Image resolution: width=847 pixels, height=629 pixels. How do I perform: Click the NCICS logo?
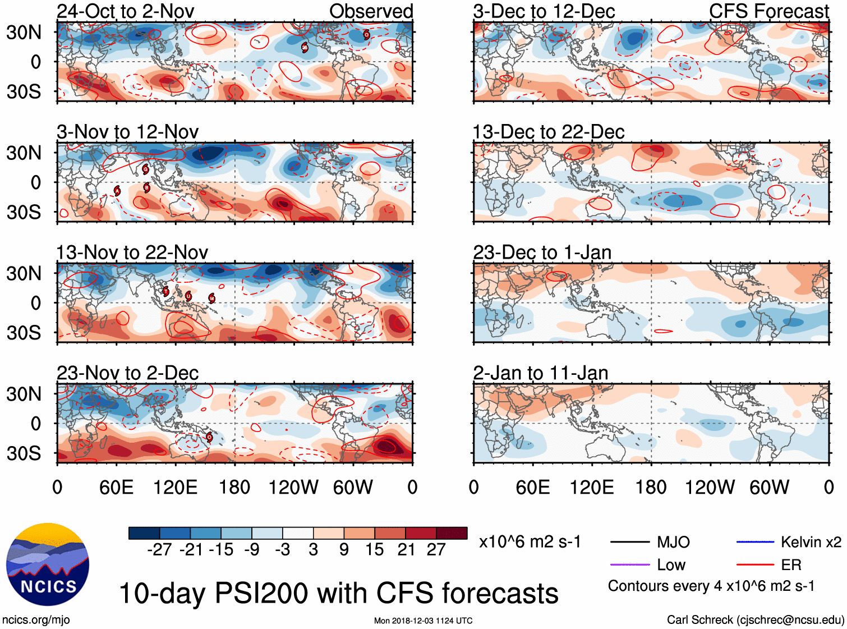(48, 564)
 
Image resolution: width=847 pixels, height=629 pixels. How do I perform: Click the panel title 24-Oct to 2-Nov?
(125, 11)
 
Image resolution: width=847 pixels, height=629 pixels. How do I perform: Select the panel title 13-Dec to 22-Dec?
(548, 132)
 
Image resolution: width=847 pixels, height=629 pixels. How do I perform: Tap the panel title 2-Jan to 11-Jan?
(540, 373)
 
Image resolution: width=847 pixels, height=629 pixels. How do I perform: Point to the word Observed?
(371, 11)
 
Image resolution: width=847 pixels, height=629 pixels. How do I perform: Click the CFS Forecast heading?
(768, 11)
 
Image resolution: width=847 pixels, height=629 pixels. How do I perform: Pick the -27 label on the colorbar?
(159, 550)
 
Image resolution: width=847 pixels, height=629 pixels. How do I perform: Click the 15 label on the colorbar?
(374, 550)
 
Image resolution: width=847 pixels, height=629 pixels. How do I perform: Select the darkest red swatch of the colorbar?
(452, 533)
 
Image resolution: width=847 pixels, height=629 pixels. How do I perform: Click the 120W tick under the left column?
(293, 487)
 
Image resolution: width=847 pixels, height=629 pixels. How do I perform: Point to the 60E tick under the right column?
(532, 487)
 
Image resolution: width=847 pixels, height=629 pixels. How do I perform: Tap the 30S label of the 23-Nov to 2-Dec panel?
(24, 453)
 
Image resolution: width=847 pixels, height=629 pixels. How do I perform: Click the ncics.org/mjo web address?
(36, 620)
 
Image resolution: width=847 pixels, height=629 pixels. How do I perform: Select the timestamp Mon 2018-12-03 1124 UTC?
(423, 621)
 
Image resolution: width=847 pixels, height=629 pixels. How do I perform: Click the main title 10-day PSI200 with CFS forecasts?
(338, 594)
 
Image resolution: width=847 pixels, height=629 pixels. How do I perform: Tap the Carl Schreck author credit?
(755, 620)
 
